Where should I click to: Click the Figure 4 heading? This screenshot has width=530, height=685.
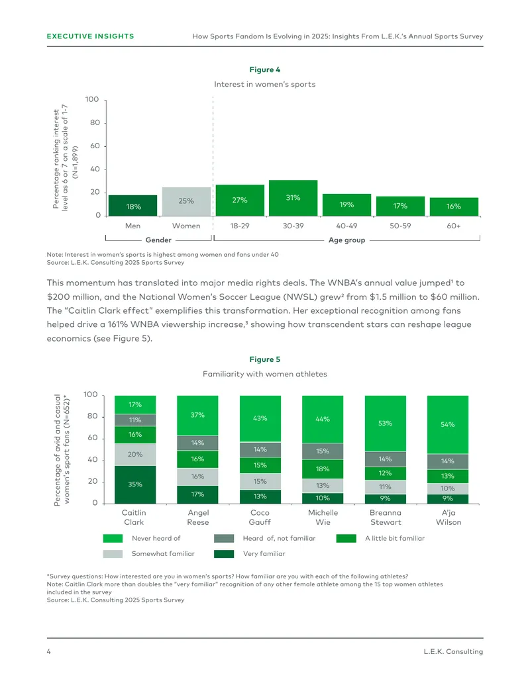pos(264,69)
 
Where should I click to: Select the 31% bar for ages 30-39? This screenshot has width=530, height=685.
pos(293,198)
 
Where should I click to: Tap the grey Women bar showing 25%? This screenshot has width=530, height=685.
pos(186,201)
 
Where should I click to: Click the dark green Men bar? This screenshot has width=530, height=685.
pos(132,205)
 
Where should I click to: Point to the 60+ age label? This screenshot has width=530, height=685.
pos(453,226)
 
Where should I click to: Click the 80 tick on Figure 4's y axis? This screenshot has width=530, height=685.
pos(95,122)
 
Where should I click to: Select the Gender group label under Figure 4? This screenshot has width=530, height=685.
pos(158,240)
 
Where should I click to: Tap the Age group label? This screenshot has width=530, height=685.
pos(346,240)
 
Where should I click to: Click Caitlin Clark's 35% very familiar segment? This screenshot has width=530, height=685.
pos(135,484)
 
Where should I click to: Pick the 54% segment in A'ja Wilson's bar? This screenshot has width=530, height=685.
pos(448,425)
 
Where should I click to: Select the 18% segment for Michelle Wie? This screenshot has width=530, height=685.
pos(323,469)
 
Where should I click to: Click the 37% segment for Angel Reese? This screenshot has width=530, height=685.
pos(197,416)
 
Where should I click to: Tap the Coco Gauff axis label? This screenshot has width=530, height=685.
pos(260,518)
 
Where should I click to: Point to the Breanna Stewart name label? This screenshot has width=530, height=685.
pos(386,518)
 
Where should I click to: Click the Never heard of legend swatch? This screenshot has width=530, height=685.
pos(113,538)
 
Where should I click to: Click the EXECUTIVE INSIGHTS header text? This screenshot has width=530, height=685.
pos(91,36)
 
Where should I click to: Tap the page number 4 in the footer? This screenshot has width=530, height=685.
pos(48,651)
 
